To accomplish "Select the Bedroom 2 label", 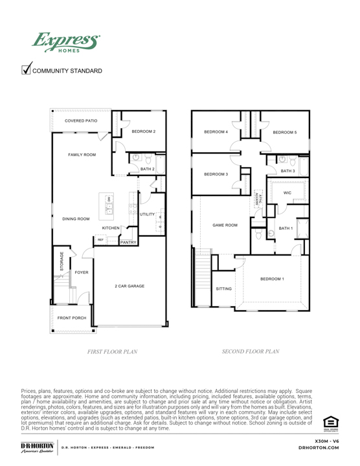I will (x=144, y=131).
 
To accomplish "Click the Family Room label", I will (x=82, y=155).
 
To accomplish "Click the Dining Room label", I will (x=76, y=219).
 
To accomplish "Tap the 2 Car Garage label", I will (x=130, y=285).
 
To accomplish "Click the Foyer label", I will (x=82, y=272).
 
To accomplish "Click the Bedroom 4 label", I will (x=216, y=132).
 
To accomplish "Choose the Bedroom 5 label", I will (x=285, y=132).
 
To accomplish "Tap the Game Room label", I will (x=225, y=225).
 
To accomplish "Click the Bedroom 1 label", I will (x=272, y=279).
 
